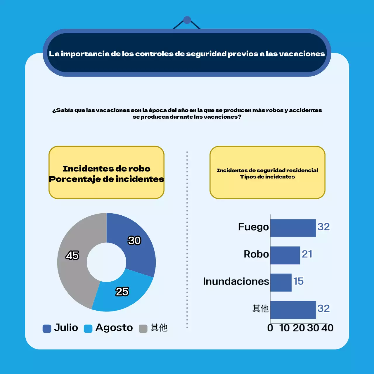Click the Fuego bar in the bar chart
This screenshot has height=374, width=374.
[x=293, y=228]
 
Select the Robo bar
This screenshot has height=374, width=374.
[x=285, y=255]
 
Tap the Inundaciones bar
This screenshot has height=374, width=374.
[x=281, y=282]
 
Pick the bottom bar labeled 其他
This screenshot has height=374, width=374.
[x=293, y=309]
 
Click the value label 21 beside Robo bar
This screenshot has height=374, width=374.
[x=307, y=254]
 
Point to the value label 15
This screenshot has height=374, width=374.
[x=298, y=281]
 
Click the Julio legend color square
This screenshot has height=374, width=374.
[x=47, y=328]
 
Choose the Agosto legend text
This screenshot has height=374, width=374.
[x=114, y=328]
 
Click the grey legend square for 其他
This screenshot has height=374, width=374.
[x=143, y=328]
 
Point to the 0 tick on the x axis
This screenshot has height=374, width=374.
[x=270, y=328]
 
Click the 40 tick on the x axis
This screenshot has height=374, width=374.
[x=328, y=328]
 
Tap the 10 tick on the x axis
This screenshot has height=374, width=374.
[x=284, y=328]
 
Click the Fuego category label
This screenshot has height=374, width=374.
[x=253, y=227]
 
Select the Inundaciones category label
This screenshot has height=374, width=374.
[x=236, y=281]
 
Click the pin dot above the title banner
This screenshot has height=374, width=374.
[x=187, y=20]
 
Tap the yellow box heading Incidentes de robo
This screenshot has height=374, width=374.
[x=106, y=169]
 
